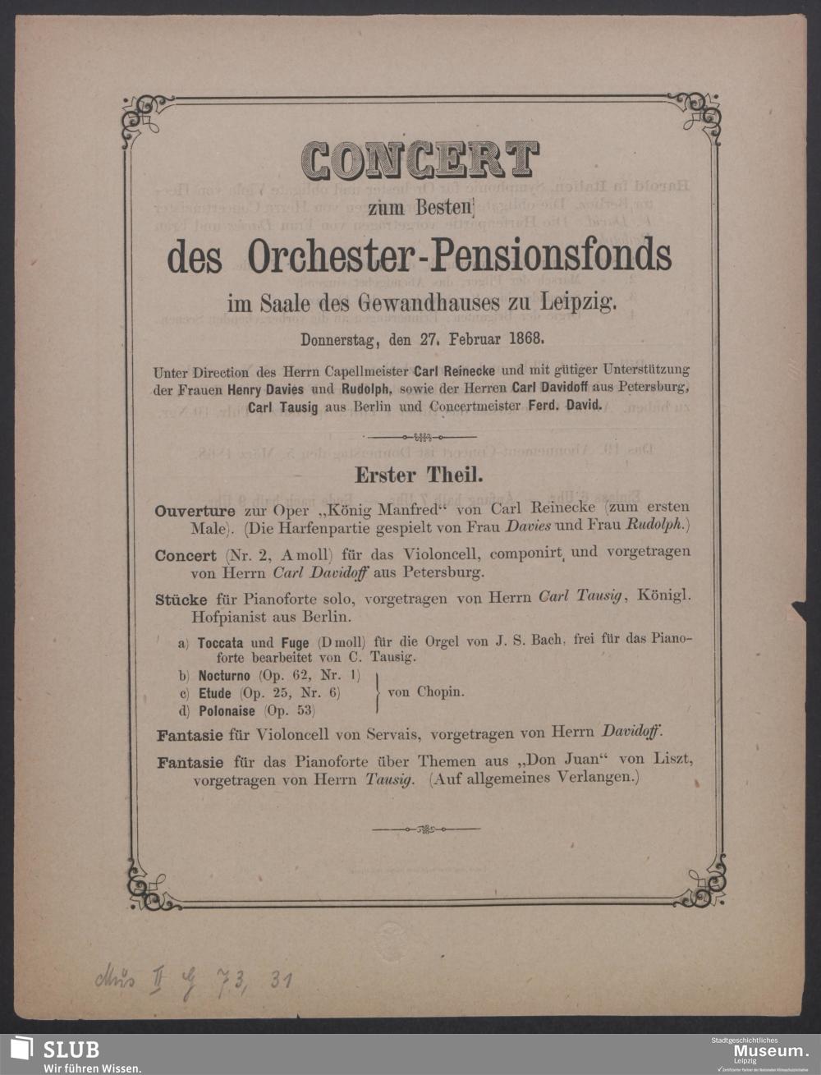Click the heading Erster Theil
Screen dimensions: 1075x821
pos(418,475)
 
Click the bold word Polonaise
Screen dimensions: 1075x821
pos(227,710)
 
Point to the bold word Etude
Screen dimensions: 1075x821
pos(214,693)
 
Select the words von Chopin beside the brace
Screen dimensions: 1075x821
pos(425,692)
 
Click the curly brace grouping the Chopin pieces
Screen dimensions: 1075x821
pos(377,692)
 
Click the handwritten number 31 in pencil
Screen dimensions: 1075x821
pos(282,980)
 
